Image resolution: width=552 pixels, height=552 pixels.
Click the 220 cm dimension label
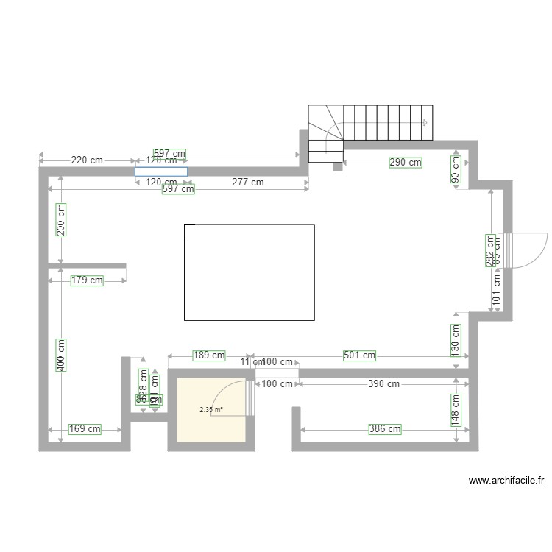click(87, 160)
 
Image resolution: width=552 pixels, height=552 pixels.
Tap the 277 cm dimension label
click(247, 182)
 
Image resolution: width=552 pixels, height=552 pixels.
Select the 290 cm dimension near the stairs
click(406, 162)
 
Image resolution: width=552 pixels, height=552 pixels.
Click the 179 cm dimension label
click(87, 280)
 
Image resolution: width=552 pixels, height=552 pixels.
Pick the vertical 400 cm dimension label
click(61, 354)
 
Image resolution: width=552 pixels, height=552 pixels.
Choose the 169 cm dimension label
click(85, 428)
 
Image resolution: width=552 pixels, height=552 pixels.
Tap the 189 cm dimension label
click(208, 355)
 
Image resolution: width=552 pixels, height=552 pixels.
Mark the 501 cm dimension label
click(359, 355)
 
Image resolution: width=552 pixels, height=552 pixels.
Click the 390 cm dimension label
click(383, 383)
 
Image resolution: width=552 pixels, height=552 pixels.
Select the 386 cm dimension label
click(385, 428)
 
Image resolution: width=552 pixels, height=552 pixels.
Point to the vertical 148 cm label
click(456, 409)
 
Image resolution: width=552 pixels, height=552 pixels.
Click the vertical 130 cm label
click(456, 338)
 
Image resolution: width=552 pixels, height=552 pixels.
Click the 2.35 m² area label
click(210, 411)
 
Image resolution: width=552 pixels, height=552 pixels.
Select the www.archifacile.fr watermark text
click(506, 481)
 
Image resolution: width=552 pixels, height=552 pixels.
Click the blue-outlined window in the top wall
click(160, 171)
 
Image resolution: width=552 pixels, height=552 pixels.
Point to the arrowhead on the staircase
click(425, 122)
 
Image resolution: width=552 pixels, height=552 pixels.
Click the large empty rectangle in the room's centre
click(249, 272)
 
